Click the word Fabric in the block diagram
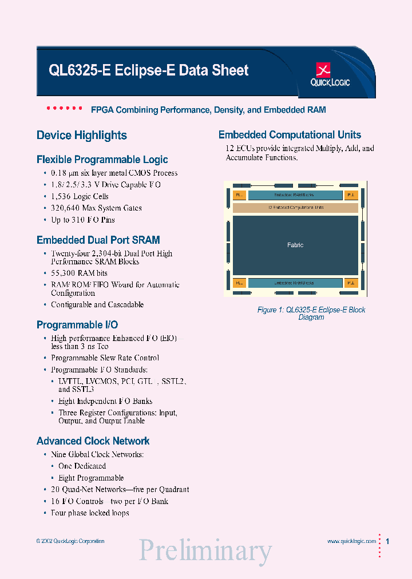[295, 245]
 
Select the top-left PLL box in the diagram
[239, 195]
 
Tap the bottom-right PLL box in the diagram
[351, 283]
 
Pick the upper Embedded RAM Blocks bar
[294, 195]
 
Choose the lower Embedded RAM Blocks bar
[294, 283]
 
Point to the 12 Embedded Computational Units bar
[295, 208]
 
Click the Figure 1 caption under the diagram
[311, 314]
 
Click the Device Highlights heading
[82, 136]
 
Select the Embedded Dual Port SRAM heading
[98, 240]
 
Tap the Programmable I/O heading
[77, 325]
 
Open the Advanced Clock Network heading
[93, 441]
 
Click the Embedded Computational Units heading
[290, 135]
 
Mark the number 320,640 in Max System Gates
[66, 208]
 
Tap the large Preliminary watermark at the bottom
[205, 550]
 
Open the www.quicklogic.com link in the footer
[351, 541]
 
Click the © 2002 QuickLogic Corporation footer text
[70, 541]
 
